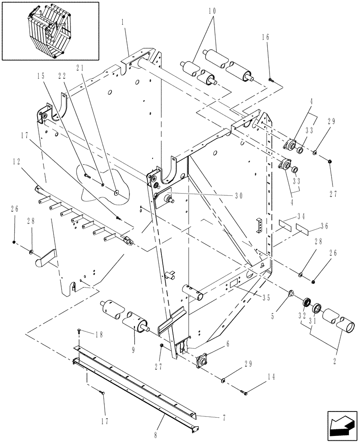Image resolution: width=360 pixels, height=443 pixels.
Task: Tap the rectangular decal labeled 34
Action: (286, 222)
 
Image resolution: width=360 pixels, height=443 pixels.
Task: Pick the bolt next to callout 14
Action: (244, 391)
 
